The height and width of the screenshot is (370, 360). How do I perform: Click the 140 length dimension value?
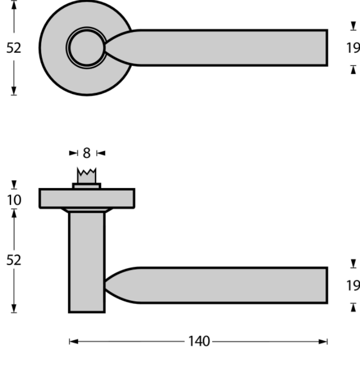(198, 341)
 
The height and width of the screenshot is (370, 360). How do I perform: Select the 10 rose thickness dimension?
(14, 199)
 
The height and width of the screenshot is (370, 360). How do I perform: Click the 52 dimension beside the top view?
(14, 48)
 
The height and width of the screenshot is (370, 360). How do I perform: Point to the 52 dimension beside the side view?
(14, 259)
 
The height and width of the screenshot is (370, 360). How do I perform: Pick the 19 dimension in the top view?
(353, 48)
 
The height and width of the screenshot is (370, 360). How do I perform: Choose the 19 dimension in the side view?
(353, 285)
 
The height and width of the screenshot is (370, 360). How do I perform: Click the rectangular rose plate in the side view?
(87, 198)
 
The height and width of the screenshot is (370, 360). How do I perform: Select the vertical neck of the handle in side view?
(87, 261)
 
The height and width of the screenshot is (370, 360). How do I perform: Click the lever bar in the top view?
(231, 48)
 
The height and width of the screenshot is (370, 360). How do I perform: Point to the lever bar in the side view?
(231, 285)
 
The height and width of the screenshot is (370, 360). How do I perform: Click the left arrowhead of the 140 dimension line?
(72, 341)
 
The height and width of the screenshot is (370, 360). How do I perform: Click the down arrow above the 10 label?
(14, 185)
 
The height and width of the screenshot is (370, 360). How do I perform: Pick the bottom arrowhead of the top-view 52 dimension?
(14, 91)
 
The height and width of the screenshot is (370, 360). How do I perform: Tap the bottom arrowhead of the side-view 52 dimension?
(14, 309)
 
